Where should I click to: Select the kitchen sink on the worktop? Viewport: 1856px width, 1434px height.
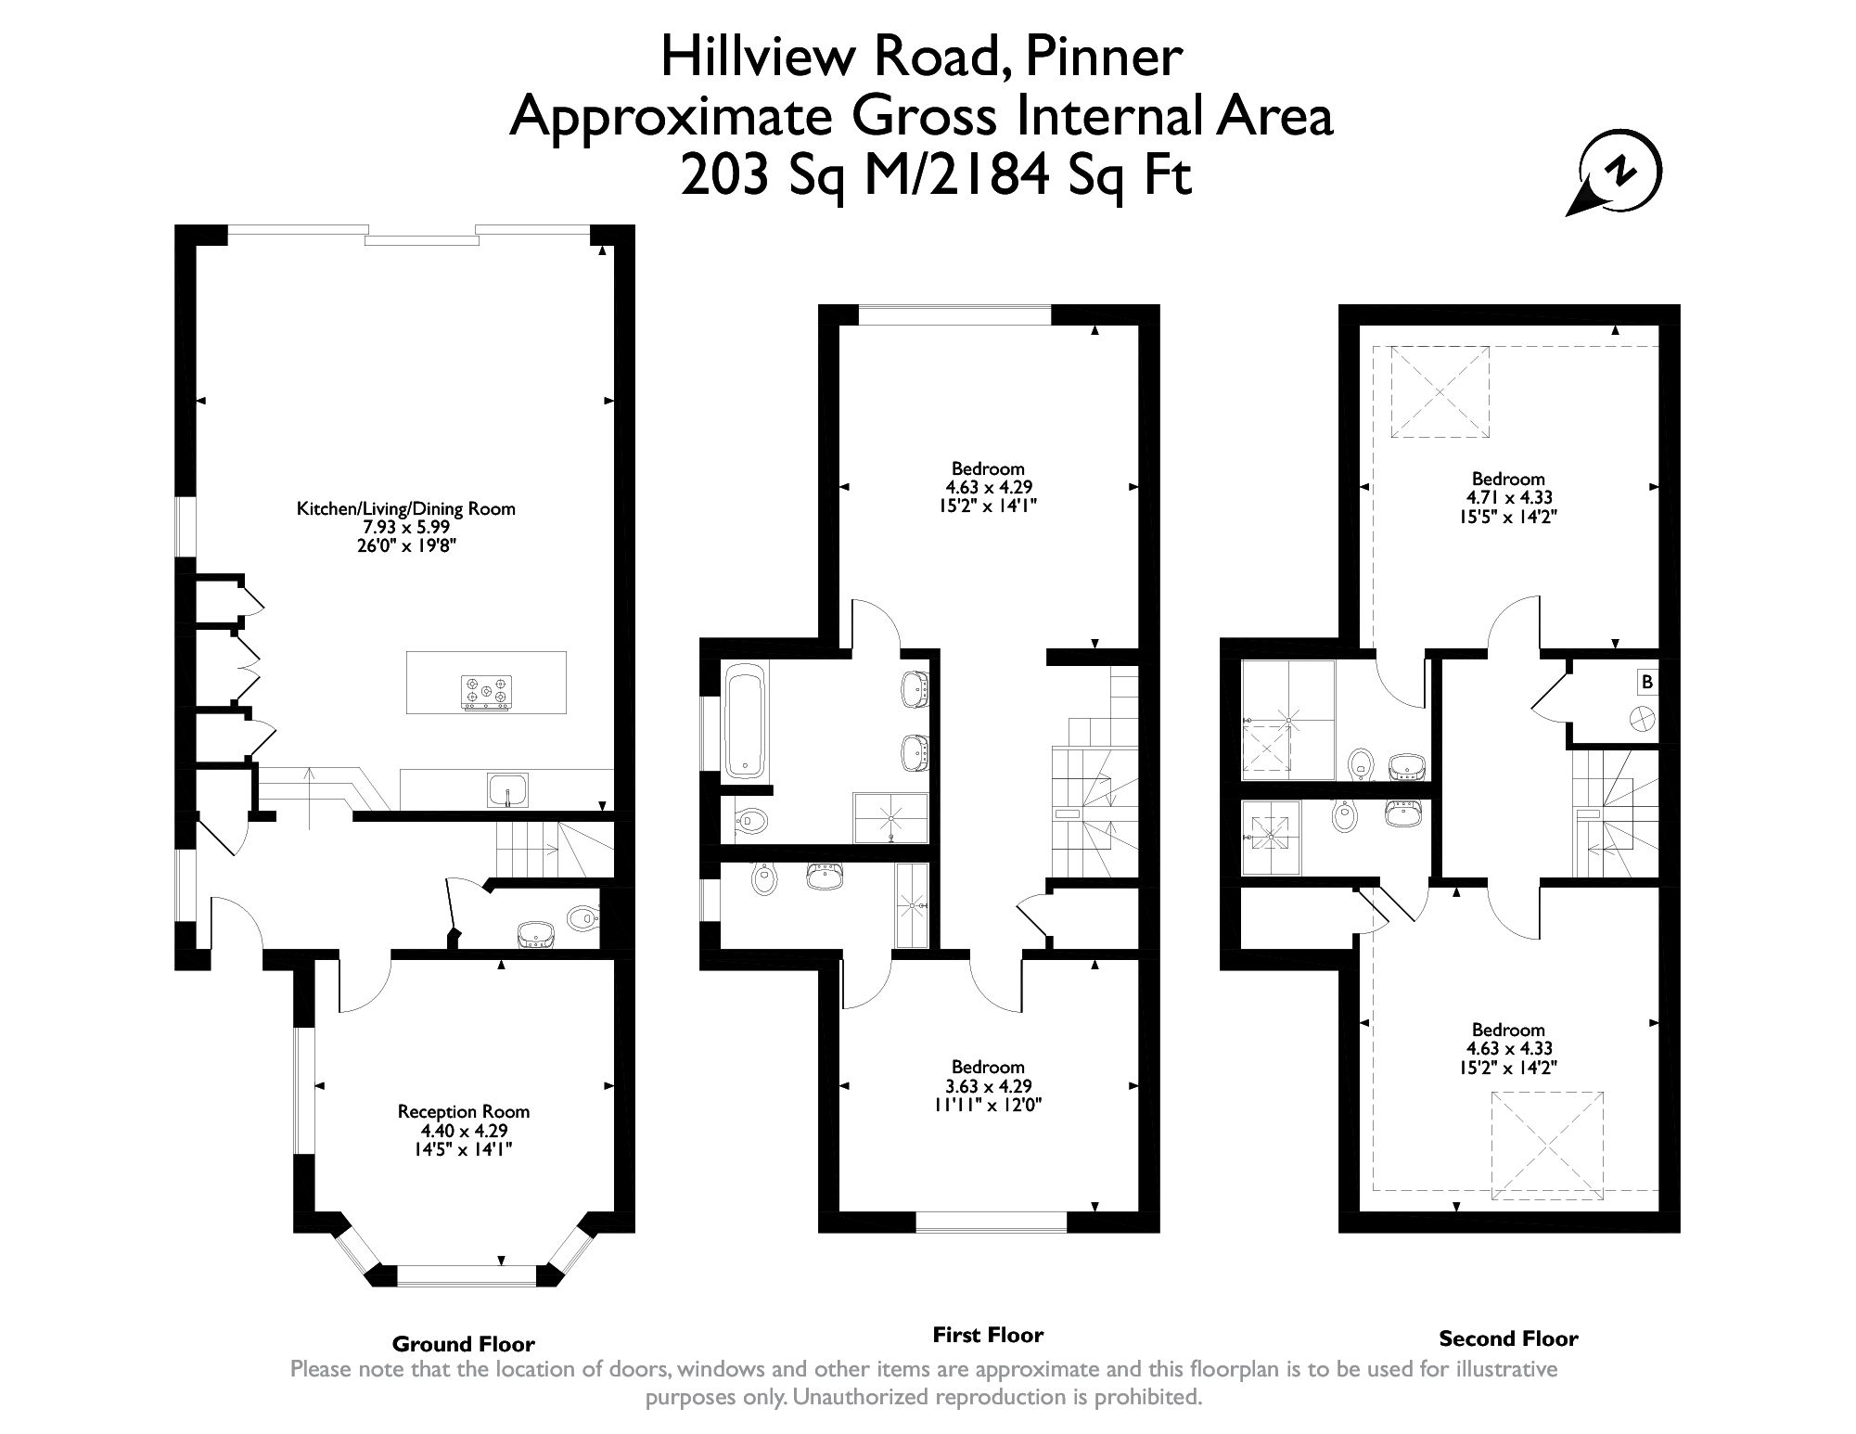pyautogui.click(x=506, y=789)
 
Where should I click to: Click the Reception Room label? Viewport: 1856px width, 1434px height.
pyautogui.click(x=464, y=1111)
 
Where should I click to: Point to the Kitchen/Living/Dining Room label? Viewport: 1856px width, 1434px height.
pyautogui.click(x=405, y=508)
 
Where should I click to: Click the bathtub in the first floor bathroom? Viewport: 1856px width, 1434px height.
pyautogui.click(x=746, y=719)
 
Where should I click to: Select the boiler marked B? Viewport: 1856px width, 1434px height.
pyautogui.click(x=1646, y=683)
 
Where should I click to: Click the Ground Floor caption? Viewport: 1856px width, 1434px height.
pyautogui.click(x=463, y=1344)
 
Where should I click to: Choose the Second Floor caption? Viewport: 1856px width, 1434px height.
pyautogui.click(x=1508, y=1338)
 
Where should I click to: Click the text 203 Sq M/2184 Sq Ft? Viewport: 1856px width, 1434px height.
pyautogui.click(x=935, y=176)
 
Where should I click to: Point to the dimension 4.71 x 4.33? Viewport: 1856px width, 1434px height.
pyautogui.click(x=1508, y=497)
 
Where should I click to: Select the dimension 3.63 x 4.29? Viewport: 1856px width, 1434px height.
pyautogui.click(x=989, y=1086)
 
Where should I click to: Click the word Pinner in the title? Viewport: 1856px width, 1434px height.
pyautogui.click(x=1104, y=58)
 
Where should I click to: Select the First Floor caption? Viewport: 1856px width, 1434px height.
pyautogui.click(x=988, y=1335)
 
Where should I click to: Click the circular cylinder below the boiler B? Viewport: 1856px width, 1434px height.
pyautogui.click(x=1643, y=718)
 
